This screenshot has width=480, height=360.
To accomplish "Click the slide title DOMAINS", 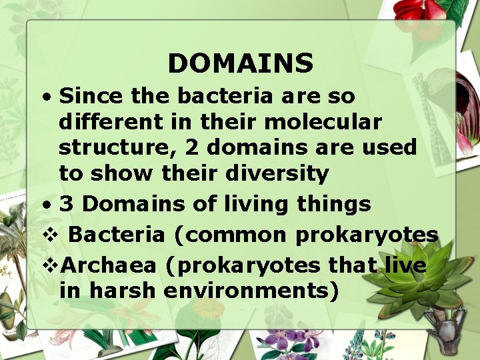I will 240,64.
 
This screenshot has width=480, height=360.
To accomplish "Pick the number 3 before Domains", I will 67,204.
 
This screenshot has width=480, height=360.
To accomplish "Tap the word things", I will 338,204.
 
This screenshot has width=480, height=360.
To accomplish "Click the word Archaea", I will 108,265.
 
